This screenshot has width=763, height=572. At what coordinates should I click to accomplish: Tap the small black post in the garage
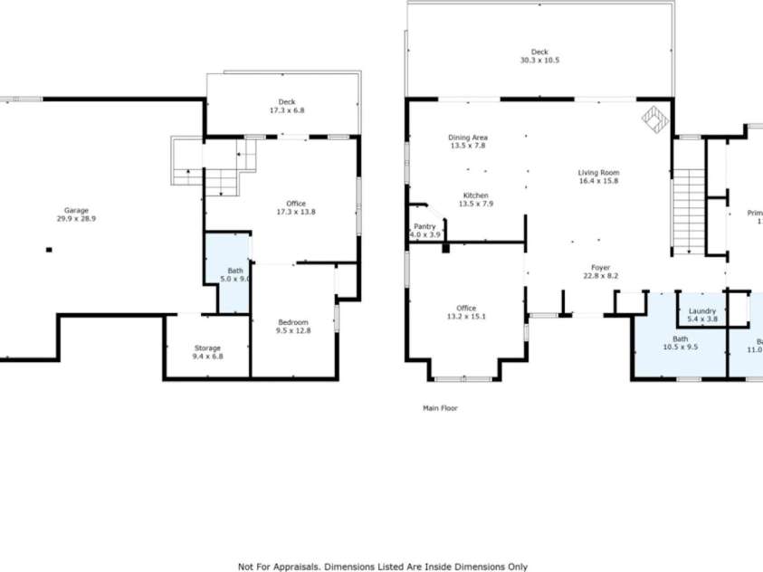(x=49, y=250)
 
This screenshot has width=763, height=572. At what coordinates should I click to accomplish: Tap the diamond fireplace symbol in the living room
(x=654, y=118)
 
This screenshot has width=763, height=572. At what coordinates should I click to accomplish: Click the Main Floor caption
(x=440, y=408)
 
